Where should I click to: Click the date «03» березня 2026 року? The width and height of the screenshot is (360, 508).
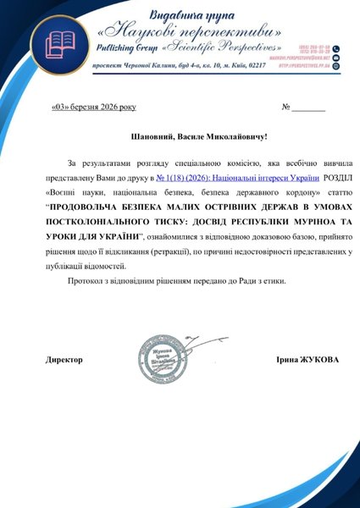point(92,108)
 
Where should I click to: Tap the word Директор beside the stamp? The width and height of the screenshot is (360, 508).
point(64,360)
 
